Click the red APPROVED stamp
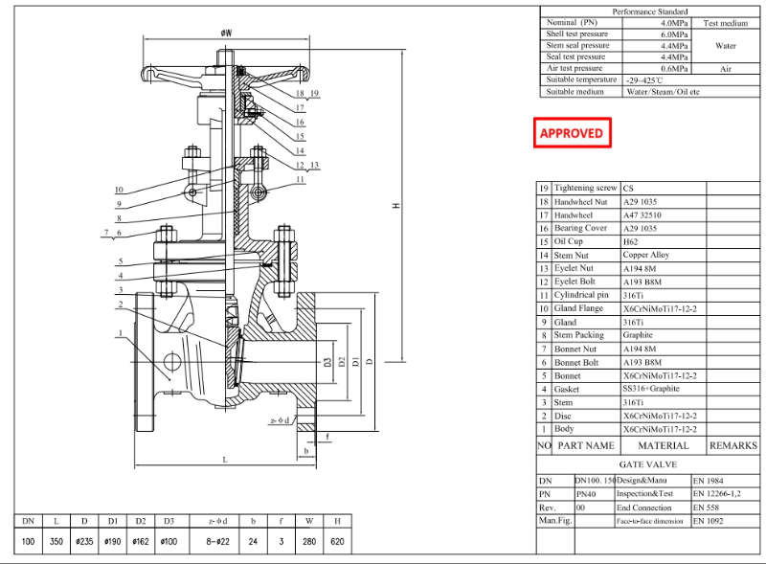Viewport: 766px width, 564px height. [572, 133]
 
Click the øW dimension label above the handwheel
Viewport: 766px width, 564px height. [227, 33]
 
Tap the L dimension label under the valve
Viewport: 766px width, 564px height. [225, 460]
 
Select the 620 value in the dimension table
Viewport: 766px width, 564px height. [337, 542]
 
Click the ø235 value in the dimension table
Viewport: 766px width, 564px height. [85, 542]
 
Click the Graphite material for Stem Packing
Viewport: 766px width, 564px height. [638, 335]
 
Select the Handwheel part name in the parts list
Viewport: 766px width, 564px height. [573, 215]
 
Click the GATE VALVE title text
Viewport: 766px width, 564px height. [647, 463]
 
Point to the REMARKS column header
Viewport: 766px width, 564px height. [732, 445]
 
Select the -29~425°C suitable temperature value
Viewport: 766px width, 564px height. [647, 80]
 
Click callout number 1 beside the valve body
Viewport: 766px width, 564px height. [121, 334]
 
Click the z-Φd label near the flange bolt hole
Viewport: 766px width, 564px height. [280, 419]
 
